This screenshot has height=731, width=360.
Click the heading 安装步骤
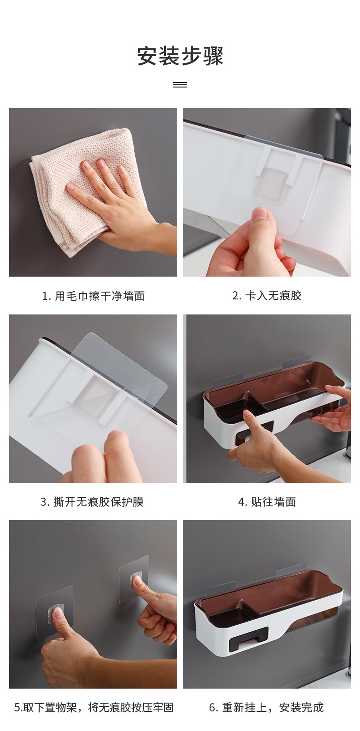click(x=180, y=56)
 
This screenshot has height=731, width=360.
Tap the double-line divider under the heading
click(x=180, y=85)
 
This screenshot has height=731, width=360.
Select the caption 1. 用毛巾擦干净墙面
click(x=93, y=296)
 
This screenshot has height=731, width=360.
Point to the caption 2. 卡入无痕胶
click(x=267, y=296)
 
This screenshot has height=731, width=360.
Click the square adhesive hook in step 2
click(x=271, y=183)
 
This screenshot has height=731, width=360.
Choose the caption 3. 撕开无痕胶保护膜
click(x=92, y=502)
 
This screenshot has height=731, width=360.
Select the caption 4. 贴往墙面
click(x=267, y=502)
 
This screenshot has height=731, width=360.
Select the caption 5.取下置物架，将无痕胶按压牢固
click(x=94, y=707)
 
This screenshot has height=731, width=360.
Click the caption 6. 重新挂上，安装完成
click(x=266, y=707)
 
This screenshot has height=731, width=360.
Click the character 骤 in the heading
click(x=213, y=56)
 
